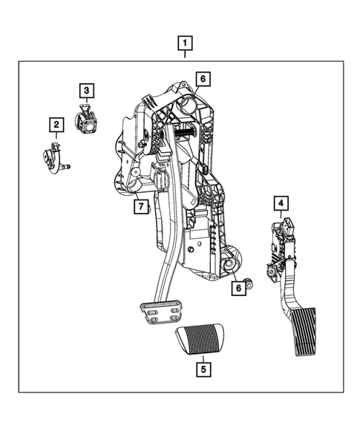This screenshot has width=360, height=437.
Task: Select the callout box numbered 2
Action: (x=56, y=125)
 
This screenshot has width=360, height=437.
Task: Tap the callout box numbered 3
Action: (x=87, y=91)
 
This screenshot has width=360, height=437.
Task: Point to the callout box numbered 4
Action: (x=280, y=203)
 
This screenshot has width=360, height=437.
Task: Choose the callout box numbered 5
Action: (x=202, y=367)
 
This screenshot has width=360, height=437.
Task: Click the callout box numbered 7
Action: (x=140, y=206)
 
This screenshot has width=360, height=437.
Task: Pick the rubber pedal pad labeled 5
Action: (x=201, y=340)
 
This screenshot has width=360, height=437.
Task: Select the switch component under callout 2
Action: (x=52, y=157)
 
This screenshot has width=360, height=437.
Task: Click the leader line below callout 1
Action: (x=185, y=54)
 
